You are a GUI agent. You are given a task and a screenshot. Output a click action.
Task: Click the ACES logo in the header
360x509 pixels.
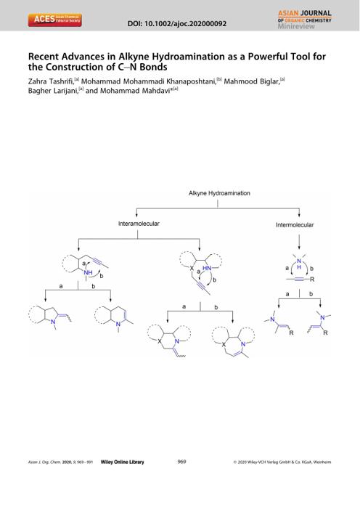[x=54, y=20]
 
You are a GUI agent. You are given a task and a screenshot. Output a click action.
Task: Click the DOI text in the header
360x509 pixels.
[x=177, y=24]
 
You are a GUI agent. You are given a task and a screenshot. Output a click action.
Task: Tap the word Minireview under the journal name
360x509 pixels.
[x=296, y=26]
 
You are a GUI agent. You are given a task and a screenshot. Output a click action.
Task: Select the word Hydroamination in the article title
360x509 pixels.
[x=188, y=57]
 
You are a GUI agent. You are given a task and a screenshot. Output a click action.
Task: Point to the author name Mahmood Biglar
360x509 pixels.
[x=252, y=81]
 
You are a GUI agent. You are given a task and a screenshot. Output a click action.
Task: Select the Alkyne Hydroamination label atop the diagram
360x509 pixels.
[x=219, y=193]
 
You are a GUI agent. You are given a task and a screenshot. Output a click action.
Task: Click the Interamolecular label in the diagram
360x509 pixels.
[x=139, y=224]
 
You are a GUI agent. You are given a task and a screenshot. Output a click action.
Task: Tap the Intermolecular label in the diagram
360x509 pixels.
[x=295, y=224]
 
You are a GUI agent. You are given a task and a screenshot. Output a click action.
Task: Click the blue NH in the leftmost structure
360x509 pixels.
[x=88, y=272]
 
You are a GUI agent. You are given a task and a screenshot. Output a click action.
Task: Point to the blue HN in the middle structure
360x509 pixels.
[x=207, y=268]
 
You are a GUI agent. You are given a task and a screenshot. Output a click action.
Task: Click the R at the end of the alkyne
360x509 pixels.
[x=312, y=279]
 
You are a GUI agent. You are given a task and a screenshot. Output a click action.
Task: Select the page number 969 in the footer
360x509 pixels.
[x=181, y=462]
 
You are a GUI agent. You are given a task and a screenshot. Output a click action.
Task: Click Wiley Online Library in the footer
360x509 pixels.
[x=123, y=462]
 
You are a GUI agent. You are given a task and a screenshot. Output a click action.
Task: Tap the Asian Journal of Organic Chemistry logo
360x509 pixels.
[x=305, y=20]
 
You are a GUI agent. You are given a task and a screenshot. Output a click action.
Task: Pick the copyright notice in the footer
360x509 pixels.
[x=282, y=463]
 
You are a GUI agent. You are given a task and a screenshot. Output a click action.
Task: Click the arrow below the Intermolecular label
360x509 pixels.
[x=299, y=241]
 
